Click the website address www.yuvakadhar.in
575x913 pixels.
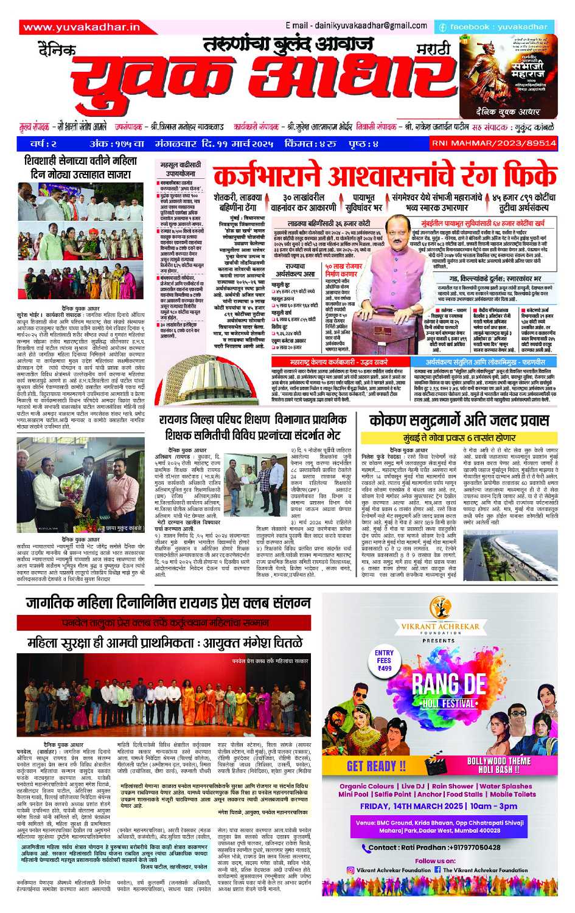click(82, 27)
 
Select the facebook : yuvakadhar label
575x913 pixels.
click(493, 27)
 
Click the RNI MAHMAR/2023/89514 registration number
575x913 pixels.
click(493, 144)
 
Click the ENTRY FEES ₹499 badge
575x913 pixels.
click(384, 661)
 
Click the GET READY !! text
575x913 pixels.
click(376, 766)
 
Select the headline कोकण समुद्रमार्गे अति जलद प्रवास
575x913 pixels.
click(459, 420)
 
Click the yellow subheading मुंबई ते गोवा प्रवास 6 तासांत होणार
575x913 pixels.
click(459, 437)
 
